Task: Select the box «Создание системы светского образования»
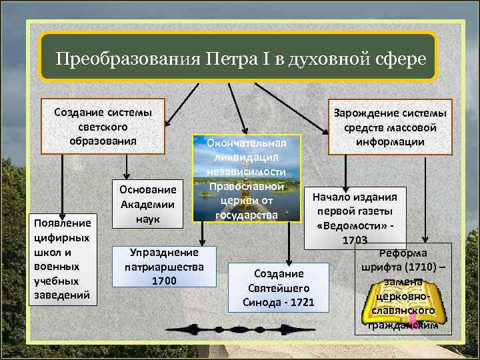(103, 126)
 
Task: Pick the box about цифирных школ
(62, 259)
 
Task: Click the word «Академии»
(147, 204)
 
